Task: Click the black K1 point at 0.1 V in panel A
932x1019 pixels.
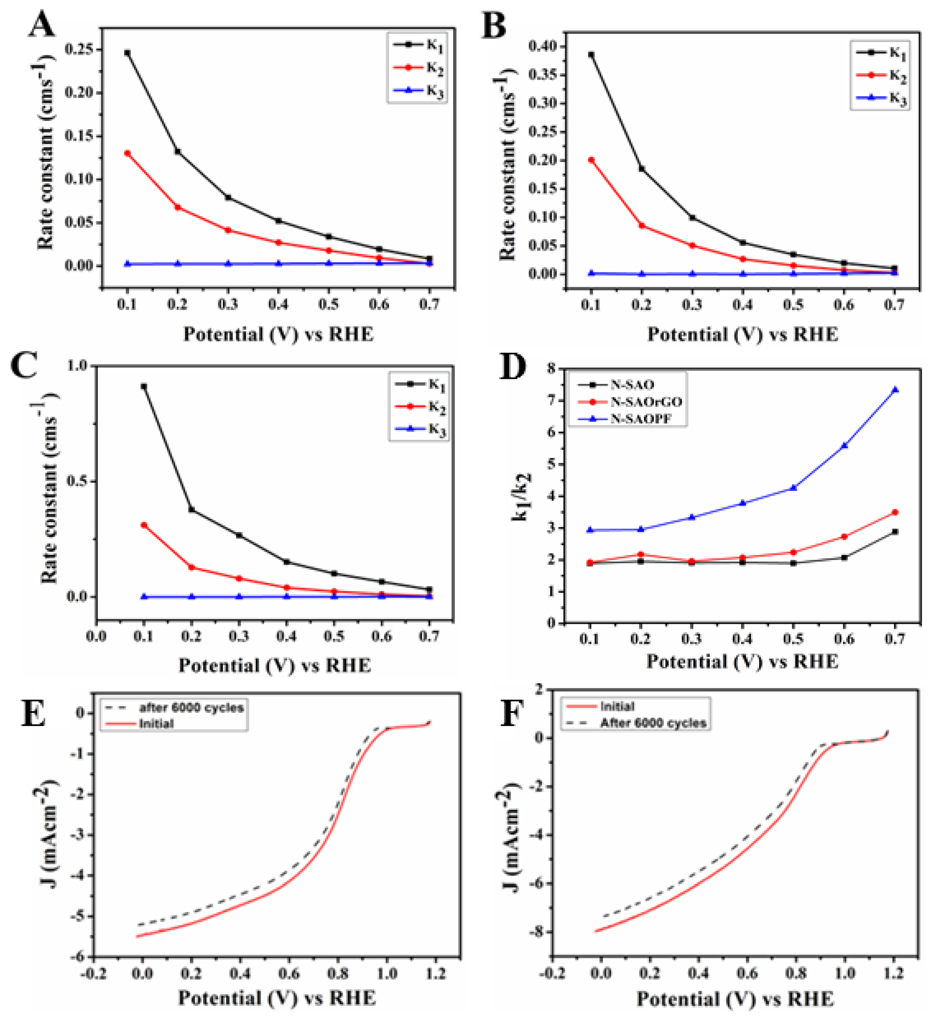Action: [x=127, y=53]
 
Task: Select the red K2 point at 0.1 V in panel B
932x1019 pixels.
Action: [x=591, y=160]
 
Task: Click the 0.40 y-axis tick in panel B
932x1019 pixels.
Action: [x=543, y=46]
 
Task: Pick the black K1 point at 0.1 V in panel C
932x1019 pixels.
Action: [x=144, y=386]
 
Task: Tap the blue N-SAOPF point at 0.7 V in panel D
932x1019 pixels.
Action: [x=895, y=389]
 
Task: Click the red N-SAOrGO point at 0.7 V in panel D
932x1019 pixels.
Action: [x=895, y=512]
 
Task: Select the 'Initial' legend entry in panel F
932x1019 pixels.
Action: [x=617, y=706]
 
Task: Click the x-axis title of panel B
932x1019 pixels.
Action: [x=742, y=335]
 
